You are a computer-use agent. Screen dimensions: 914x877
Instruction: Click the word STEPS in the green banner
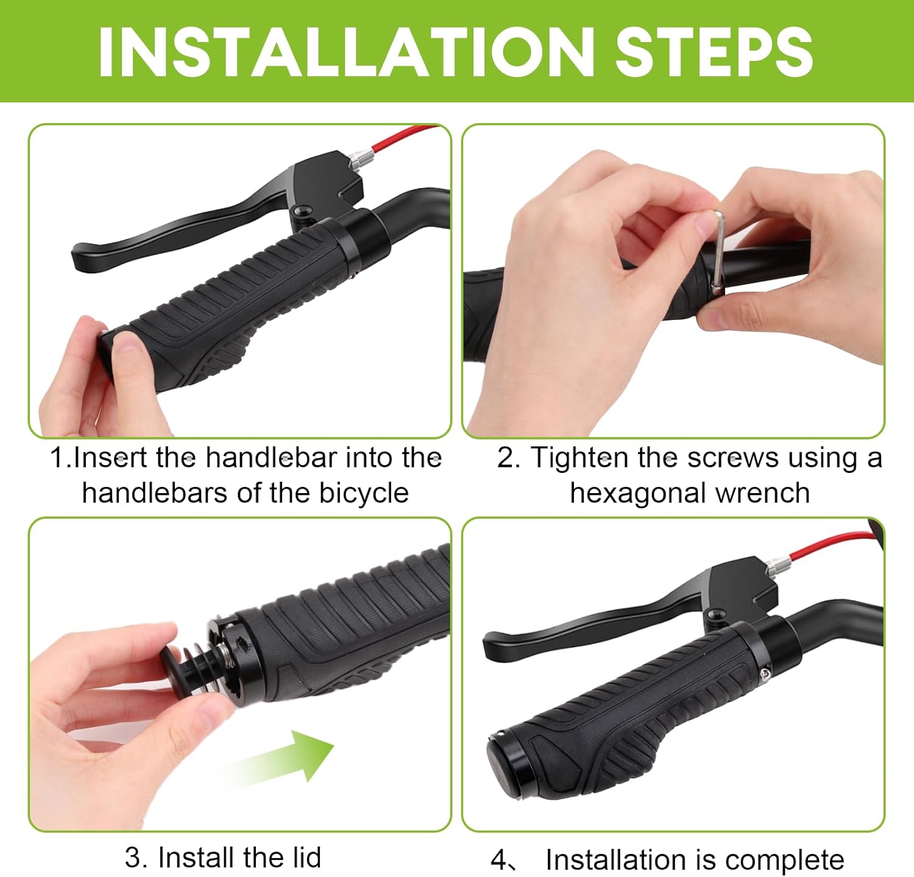(714, 52)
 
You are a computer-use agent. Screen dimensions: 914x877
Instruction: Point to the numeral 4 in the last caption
(498, 861)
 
